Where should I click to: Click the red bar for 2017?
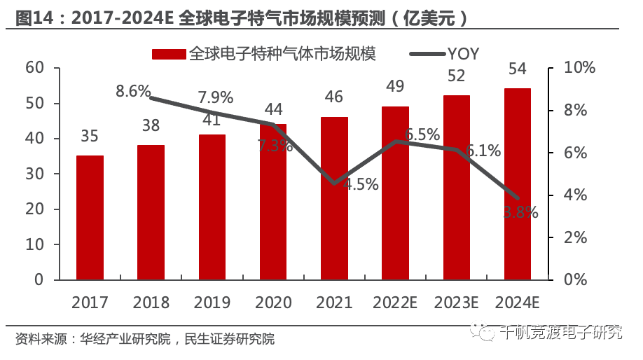click(x=90, y=218)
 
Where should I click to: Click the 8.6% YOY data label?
click(x=134, y=91)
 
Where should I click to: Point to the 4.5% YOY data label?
click(x=361, y=185)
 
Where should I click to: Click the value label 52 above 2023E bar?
click(x=457, y=76)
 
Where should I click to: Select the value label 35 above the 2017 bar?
click(x=90, y=137)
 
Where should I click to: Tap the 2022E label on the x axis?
click(x=396, y=303)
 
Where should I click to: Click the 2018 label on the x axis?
click(x=151, y=303)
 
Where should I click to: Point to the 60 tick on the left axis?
click(x=34, y=68)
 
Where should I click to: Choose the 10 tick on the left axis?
click(x=34, y=245)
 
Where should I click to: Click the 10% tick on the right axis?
click(x=580, y=68)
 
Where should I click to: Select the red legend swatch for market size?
click(x=167, y=53)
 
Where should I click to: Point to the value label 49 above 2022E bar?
click(x=395, y=87)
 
